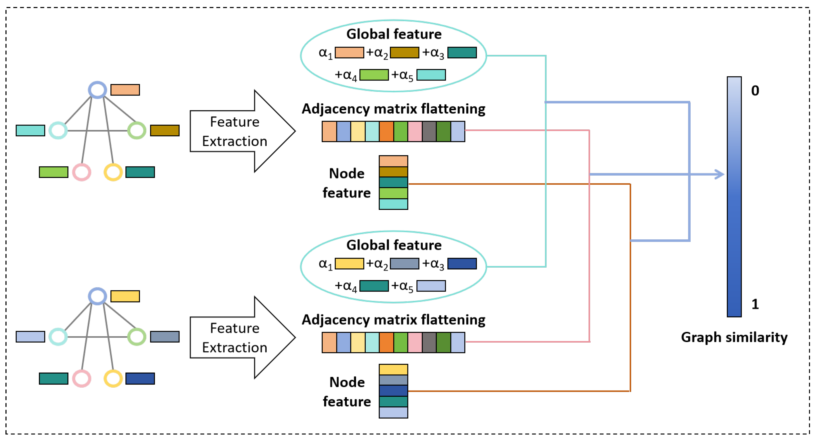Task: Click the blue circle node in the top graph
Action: (x=97, y=90)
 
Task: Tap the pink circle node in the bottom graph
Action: (x=81, y=379)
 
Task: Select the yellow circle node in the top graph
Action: (x=113, y=172)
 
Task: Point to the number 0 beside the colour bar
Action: (x=755, y=91)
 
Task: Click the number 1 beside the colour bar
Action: (x=755, y=304)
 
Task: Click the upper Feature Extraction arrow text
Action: (x=235, y=131)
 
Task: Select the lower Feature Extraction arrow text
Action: (x=235, y=338)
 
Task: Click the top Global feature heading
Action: (x=394, y=34)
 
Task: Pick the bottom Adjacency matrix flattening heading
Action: (x=393, y=320)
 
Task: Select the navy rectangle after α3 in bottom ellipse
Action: (x=462, y=263)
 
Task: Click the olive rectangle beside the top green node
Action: (x=165, y=130)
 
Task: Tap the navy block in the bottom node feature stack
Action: (x=393, y=391)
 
